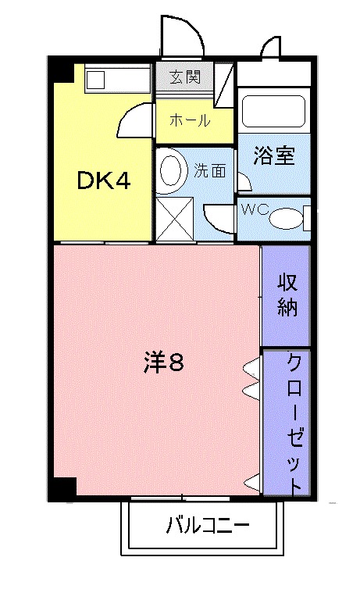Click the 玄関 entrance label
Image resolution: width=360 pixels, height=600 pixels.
[185, 77]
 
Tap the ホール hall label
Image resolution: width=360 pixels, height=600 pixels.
[190, 120]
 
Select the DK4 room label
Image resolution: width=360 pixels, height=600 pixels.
[104, 180]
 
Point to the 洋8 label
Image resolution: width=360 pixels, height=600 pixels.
[164, 362]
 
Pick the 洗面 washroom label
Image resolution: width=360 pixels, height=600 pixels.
[209, 170]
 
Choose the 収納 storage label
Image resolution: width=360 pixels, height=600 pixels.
[287, 295]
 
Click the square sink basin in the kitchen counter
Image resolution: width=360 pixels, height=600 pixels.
[95, 80]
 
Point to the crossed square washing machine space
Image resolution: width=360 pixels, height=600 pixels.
[175, 219]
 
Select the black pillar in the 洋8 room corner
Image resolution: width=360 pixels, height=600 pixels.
[63, 487]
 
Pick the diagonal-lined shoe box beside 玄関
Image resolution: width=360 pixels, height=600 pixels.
[223, 84]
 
